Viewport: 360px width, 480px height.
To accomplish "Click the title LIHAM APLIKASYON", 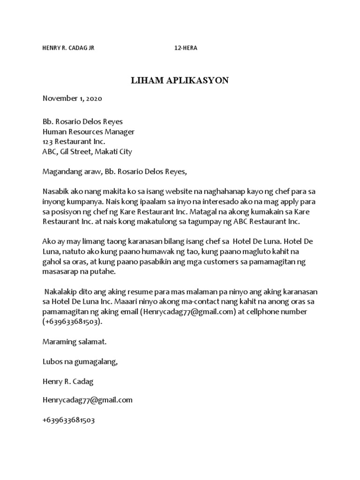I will (180, 80).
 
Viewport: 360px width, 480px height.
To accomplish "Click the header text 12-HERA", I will (186, 48).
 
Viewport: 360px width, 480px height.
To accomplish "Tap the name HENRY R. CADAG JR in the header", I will (68, 48).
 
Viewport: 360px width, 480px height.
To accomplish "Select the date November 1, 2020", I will (72, 98).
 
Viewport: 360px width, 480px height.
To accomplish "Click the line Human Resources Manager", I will (89, 132).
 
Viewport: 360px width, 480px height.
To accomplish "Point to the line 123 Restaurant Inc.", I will (74, 142).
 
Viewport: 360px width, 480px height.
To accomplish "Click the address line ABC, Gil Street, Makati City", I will (87, 151).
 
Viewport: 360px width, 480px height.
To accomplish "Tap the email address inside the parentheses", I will (187, 311).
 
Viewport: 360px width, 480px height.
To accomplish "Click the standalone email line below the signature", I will (87, 400).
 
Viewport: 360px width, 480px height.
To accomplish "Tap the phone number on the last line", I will (68, 420).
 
